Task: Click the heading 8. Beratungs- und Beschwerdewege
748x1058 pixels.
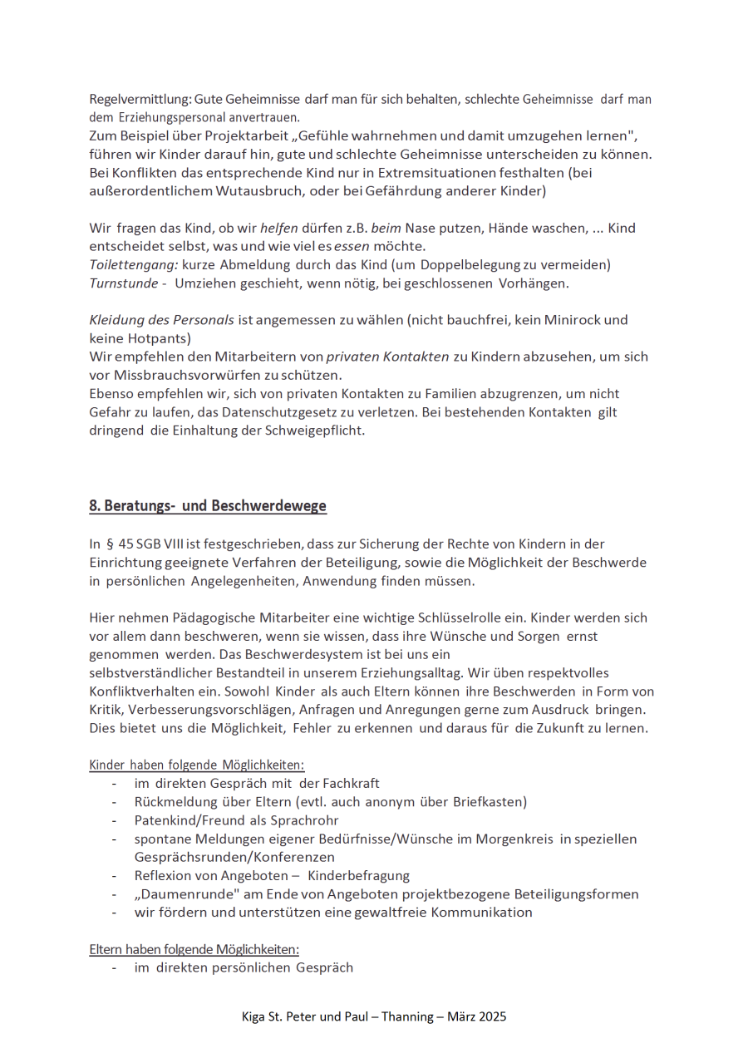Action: pyautogui.click(x=208, y=505)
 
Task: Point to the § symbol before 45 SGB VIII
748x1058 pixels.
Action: pyautogui.click(x=110, y=544)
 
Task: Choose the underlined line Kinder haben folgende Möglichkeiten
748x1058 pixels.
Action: pyautogui.click(x=197, y=765)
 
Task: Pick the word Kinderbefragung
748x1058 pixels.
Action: pyautogui.click(x=358, y=876)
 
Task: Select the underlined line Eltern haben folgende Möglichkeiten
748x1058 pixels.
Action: pyautogui.click(x=194, y=949)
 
